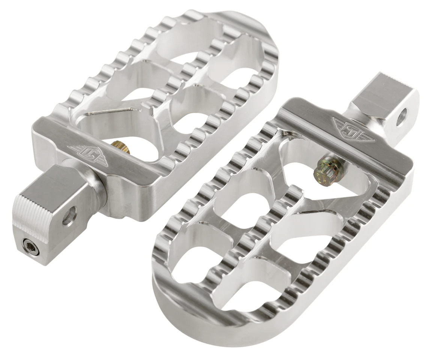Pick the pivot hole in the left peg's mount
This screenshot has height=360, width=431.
click(x=69, y=216)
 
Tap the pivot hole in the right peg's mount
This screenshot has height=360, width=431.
click(x=401, y=117)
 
